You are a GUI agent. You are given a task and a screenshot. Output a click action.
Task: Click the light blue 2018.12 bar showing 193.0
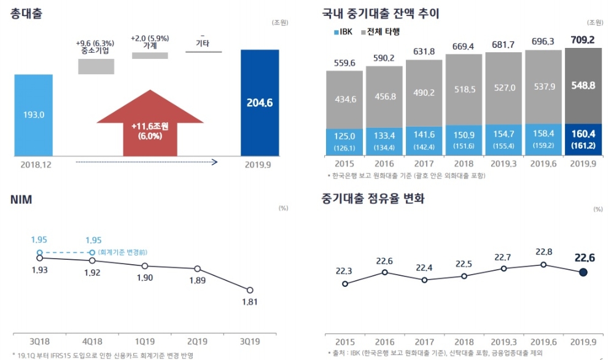33,115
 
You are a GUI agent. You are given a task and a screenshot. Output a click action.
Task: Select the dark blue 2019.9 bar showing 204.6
260,103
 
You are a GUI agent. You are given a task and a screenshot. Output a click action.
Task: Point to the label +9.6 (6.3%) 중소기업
95,47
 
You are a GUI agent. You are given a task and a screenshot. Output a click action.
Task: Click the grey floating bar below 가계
150,55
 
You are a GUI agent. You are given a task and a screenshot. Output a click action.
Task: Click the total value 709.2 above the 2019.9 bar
582,40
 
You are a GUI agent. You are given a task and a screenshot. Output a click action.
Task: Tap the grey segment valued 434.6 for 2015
344,99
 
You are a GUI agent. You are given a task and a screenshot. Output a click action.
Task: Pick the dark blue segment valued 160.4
583,136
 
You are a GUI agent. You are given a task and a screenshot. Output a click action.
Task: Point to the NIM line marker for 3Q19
250,290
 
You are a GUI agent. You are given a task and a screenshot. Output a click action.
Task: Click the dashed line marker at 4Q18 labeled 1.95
92,252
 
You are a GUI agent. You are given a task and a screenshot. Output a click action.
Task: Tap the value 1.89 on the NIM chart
198,281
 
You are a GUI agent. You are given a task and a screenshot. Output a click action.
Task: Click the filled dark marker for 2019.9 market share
583,272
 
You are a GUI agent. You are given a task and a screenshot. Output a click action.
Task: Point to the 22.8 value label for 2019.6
543,252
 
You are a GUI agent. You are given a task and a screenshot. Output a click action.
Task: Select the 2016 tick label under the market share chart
384,342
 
